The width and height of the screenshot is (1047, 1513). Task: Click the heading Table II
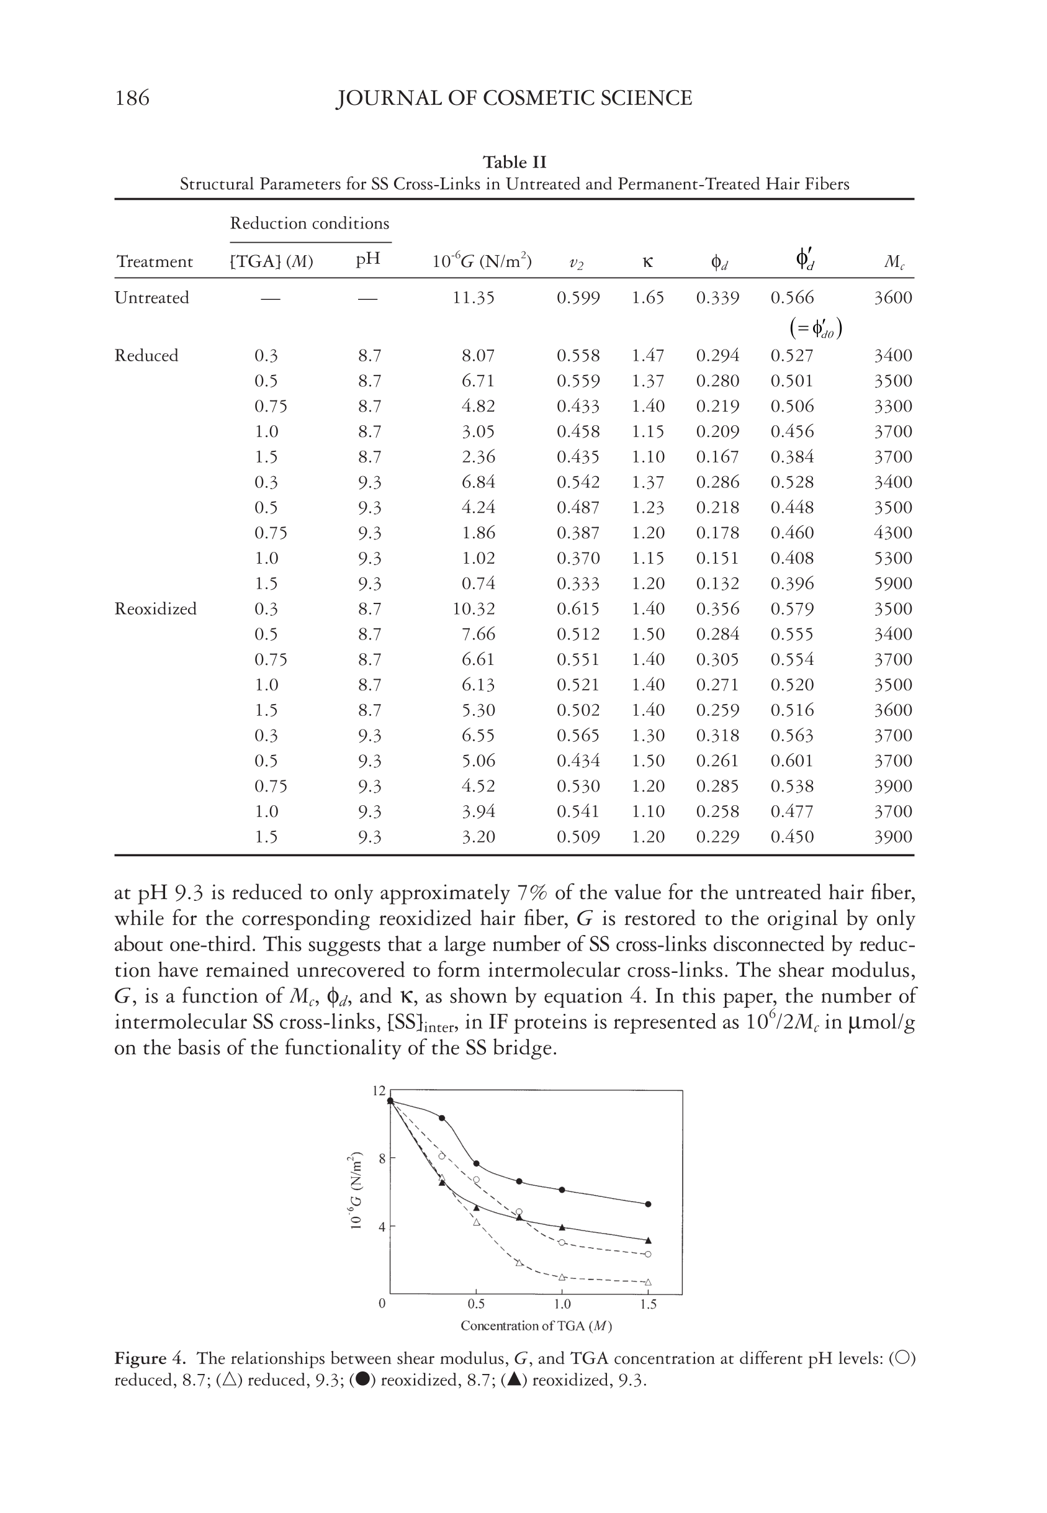[515, 162]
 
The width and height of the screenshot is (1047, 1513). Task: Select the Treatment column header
[155, 262]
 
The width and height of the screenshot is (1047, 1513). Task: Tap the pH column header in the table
[368, 261]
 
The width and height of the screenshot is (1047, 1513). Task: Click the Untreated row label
[151, 298]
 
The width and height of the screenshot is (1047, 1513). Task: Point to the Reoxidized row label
[156, 609]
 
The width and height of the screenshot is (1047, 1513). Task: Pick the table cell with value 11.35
[474, 298]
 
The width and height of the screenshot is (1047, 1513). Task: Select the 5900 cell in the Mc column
[893, 584]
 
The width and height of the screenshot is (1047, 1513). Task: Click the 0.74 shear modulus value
[479, 584]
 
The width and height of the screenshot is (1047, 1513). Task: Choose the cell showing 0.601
[792, 761]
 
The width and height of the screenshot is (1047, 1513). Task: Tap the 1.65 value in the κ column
[647, 298]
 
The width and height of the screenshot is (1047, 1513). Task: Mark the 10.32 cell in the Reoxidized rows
[474, 609]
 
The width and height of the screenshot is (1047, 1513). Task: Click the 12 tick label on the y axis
[379, 1091]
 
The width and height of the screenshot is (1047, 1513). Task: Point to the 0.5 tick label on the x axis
[476, 1304]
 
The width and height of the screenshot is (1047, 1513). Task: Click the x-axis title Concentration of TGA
[536, 1326]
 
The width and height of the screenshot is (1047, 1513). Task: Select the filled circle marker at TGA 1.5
[648, 1204]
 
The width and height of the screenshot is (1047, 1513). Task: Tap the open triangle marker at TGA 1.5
[648, 1282]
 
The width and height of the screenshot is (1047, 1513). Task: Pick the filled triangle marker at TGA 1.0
[562, 1227]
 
